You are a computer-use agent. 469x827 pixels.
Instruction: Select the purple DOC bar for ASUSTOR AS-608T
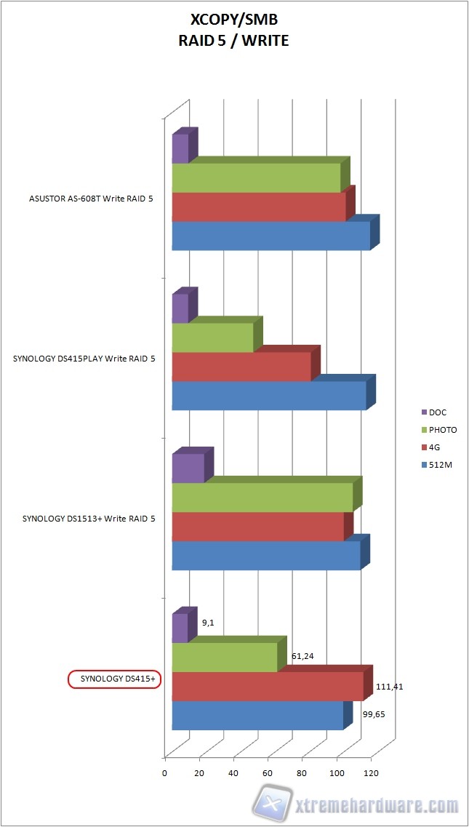(180, 148)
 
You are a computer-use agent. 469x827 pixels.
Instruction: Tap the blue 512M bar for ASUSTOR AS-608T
(270, 236)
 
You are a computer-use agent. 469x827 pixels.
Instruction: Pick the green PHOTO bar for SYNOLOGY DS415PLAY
(212, 337)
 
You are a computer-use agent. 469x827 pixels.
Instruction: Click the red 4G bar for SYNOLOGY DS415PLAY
(241, 367)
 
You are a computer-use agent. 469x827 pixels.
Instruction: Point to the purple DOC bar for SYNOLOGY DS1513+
(188, 468)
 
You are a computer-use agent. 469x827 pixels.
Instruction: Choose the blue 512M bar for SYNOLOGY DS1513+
(266, 555)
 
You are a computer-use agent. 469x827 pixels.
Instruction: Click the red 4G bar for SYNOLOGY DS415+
(267, 686)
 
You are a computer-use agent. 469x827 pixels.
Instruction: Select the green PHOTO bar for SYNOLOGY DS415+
(225, 657)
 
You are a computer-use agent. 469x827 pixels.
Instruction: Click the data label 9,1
(207, 622)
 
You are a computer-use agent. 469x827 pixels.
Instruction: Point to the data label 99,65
(373, 714)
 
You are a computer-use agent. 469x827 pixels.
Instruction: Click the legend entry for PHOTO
(443, 430)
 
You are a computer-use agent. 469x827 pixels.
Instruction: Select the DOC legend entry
(438, 412)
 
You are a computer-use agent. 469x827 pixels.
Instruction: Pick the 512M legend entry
(441, 465)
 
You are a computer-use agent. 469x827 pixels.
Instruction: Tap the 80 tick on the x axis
(302, 772)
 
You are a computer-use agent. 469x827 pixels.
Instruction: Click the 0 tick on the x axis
(165, 772)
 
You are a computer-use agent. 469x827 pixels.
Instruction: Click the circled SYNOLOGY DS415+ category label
(114, 679)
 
